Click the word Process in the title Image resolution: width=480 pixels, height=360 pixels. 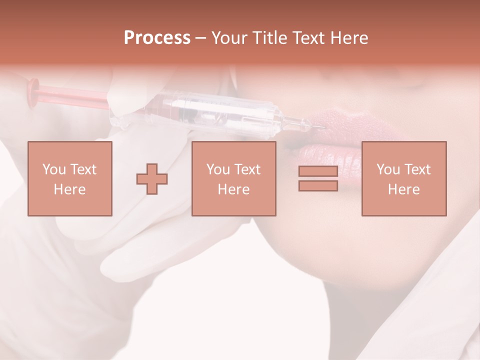(157, 38)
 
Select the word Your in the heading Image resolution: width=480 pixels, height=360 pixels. (230, 38)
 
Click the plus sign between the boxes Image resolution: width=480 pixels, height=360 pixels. (152, 179)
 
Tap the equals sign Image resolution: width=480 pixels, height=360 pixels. (318, 178)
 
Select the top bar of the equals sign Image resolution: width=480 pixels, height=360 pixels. (318, 171)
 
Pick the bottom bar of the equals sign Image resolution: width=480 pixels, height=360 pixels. (318, 185)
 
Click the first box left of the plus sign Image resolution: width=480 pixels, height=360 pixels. (69, 178)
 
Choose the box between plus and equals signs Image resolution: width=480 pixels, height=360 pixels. (233, 178)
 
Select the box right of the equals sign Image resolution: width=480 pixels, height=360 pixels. (403, 178)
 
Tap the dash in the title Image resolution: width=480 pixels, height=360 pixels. (200, 38)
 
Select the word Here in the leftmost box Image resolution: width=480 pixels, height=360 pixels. (69, 189)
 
